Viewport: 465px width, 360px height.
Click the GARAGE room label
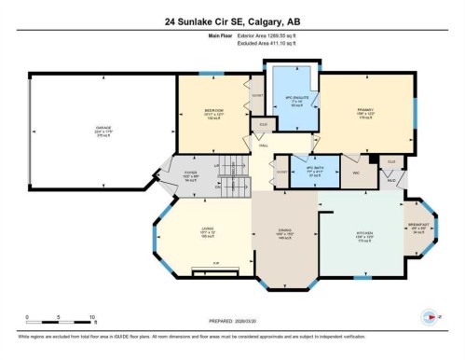[x=103, y=126]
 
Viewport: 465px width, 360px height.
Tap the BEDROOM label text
[x=213, y=110]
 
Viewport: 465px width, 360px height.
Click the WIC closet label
[x=344, y=172]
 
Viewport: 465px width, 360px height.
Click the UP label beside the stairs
[x=217, y=166]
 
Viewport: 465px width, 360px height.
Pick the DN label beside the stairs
[x=218, y=187]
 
